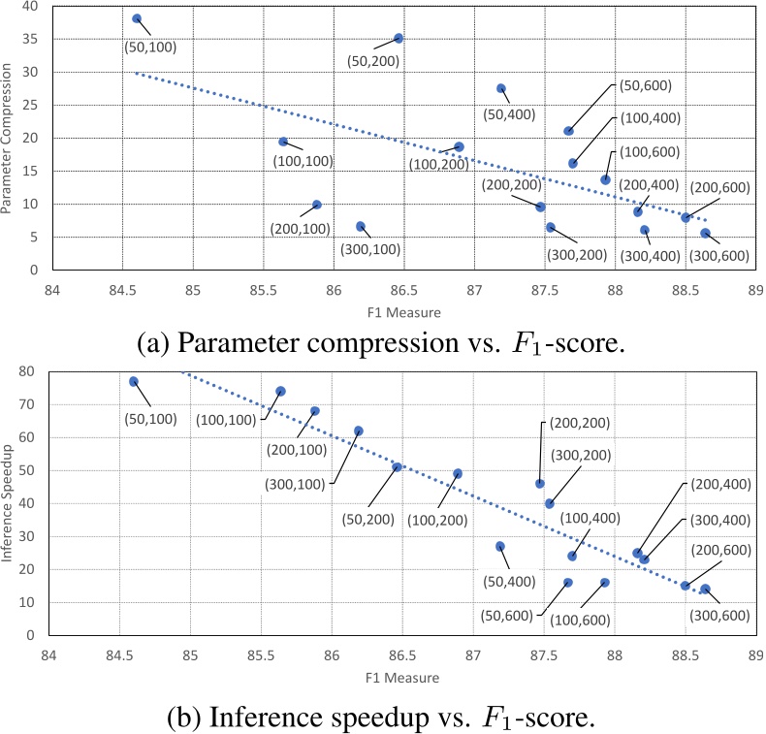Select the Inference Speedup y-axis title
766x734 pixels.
8,504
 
